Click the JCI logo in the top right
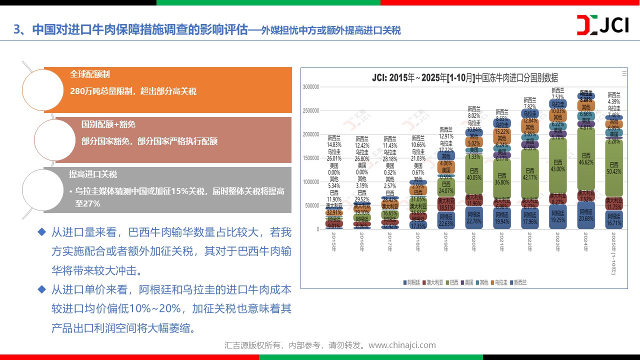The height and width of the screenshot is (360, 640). (x=602, y=25)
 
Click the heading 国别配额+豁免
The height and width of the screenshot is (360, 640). (x=108, y=124)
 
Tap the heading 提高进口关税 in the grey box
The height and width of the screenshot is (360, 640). (x=93, y=174)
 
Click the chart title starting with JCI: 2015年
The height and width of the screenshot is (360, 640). (x=464, y=78)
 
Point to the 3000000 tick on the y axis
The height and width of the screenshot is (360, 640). (x=310, y=87)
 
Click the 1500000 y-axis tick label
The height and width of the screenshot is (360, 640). (x=310, y=158)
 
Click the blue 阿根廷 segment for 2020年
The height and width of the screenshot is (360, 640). (x=473, y=218)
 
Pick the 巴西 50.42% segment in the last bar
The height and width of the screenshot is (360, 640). (x=614, y=167)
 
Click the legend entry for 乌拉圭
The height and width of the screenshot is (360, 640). (x=500, y=282)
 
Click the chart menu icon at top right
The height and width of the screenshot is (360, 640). (x=624, y=73)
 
